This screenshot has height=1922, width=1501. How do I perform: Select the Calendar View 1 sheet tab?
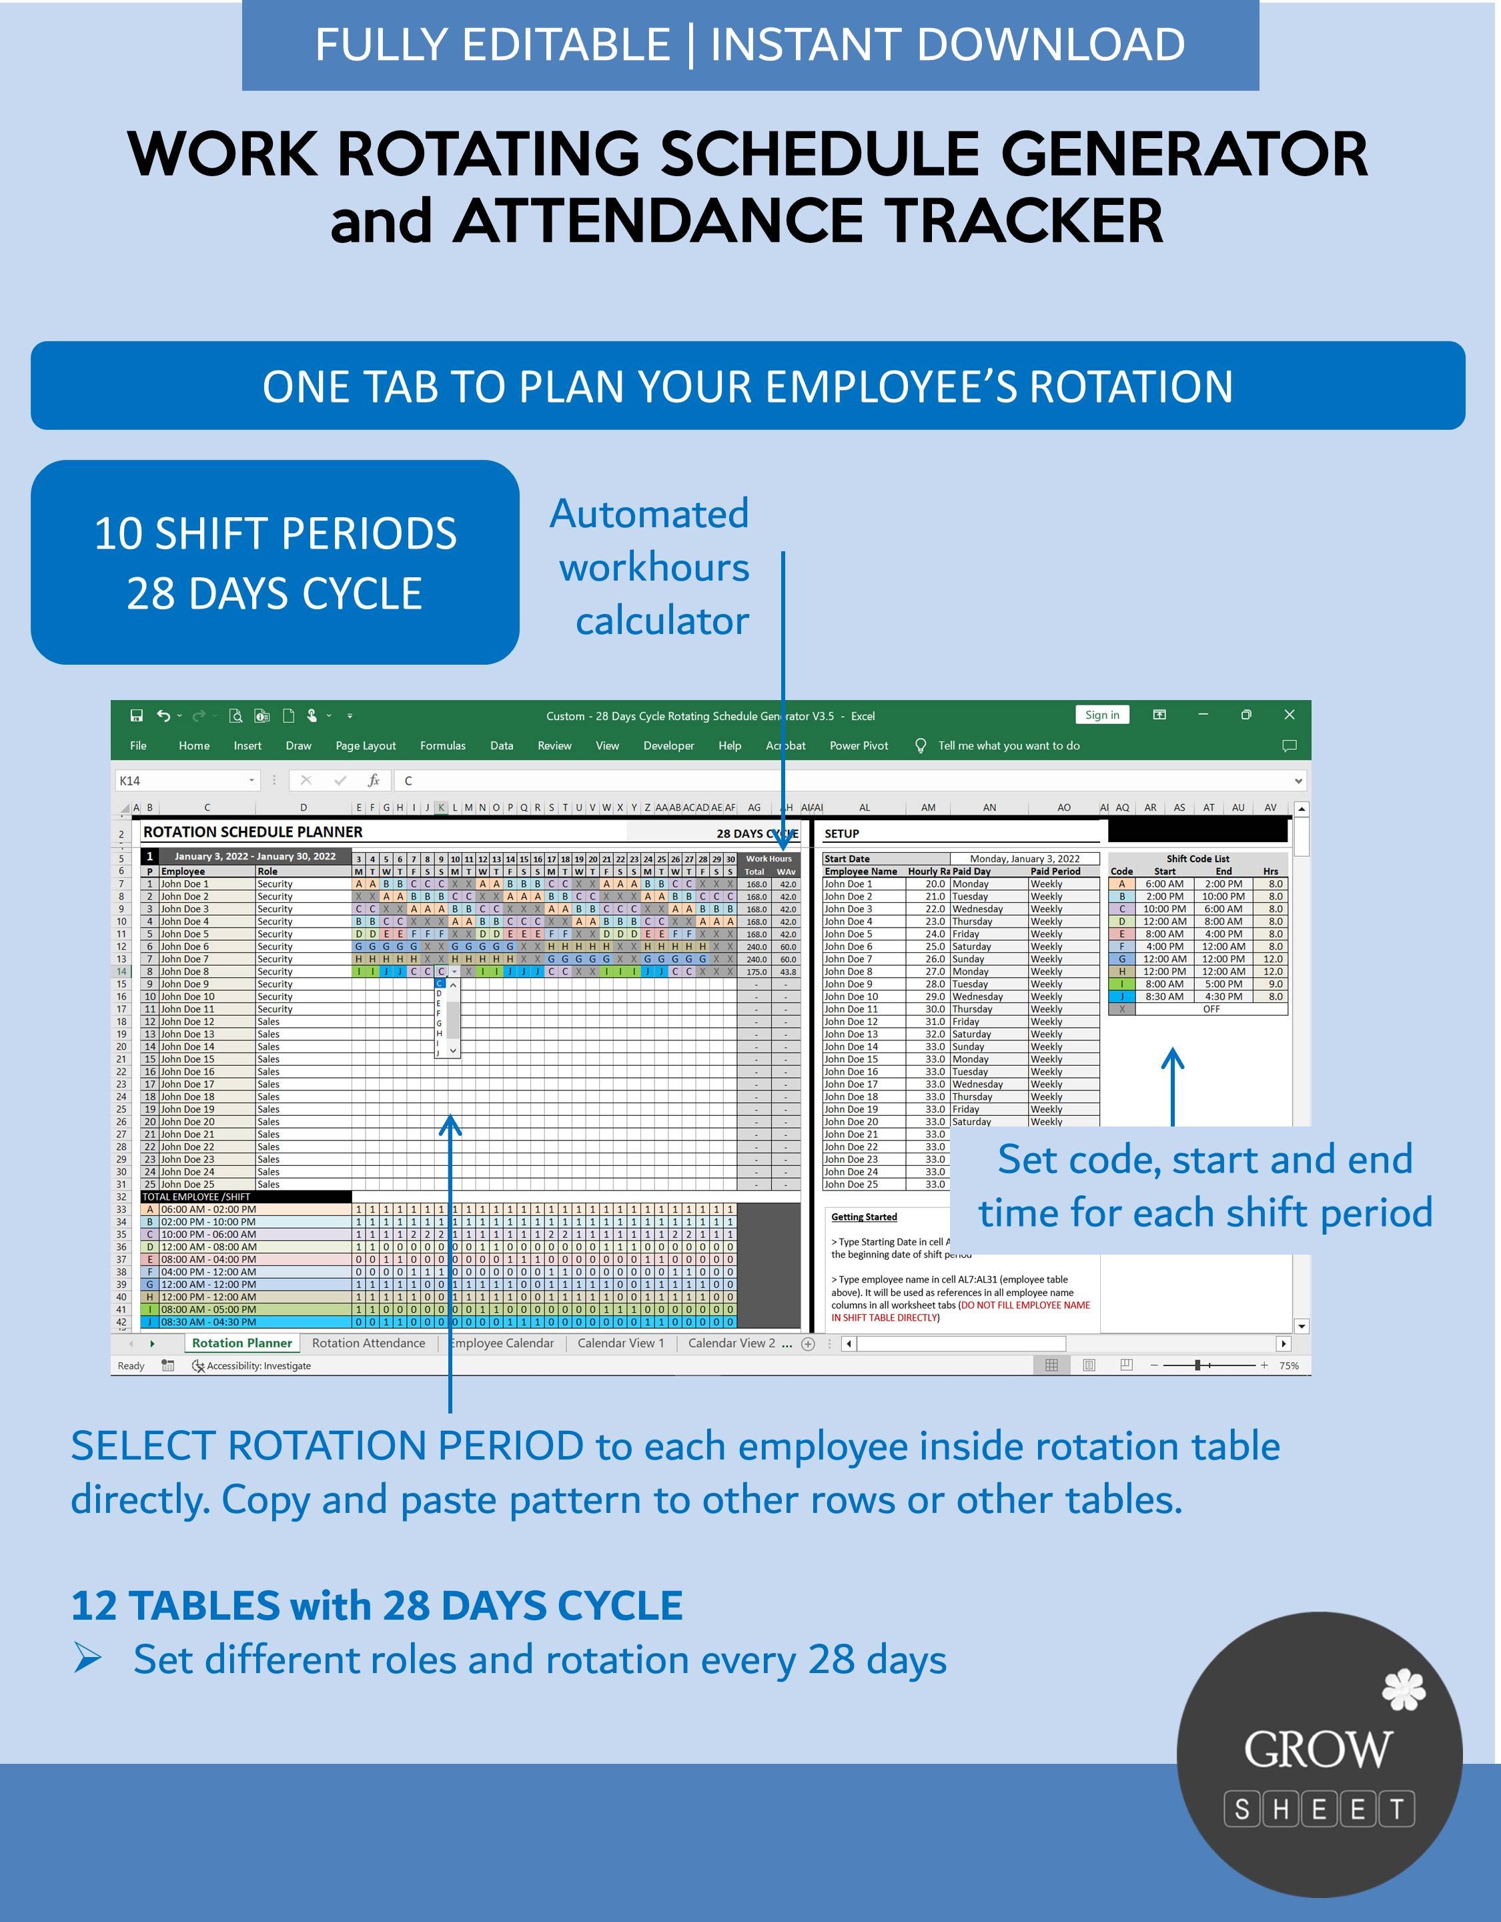(x=620, y=1343)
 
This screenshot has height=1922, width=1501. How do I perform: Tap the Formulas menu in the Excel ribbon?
(x=442, y=745)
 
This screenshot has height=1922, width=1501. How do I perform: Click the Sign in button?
(x=1101, y=715)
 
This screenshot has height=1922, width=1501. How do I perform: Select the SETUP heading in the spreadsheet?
(x=841, y=834)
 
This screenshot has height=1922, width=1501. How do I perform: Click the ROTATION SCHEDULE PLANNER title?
(x=253, y=832)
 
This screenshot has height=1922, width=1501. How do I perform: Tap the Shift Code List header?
(x=1197, y=858)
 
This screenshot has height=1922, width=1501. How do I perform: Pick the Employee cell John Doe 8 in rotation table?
(x=185, y=972)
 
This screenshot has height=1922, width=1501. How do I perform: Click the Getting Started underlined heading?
(x=864, y=1217)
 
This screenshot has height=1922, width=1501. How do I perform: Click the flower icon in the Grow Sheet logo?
(x=1404, y=1690)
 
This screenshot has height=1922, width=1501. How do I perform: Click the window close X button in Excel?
(x=1289, y=715)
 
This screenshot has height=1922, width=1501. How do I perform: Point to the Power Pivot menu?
(x=858, y=745)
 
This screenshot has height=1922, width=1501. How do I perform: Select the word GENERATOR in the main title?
(x=1183, y=154)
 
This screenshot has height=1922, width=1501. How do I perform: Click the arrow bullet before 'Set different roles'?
(x=87, y=1659)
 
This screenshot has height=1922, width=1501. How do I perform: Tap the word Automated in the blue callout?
(x=648, y=514)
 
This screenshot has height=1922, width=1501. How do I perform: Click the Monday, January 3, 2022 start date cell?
(x=1024, y=858)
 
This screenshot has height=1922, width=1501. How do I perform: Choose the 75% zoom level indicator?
(x=1289, y=1366)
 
